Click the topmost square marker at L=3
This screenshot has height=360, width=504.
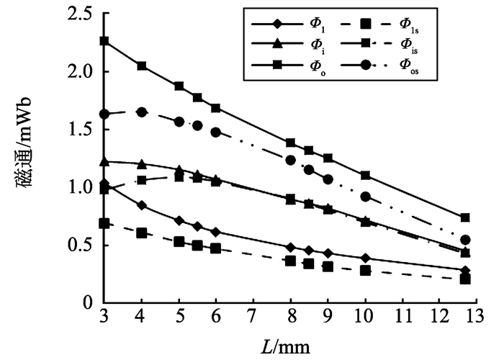(x=104, y=41)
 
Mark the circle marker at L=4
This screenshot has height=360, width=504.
(x=142, y=112)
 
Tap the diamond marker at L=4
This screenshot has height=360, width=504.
(x=142, y=205)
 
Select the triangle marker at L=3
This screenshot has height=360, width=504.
(x=104, y=161)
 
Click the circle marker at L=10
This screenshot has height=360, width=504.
(x=366, y=197)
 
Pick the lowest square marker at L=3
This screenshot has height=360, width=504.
(x=104, y=223)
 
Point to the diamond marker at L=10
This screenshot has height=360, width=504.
(x=366, y=258)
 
